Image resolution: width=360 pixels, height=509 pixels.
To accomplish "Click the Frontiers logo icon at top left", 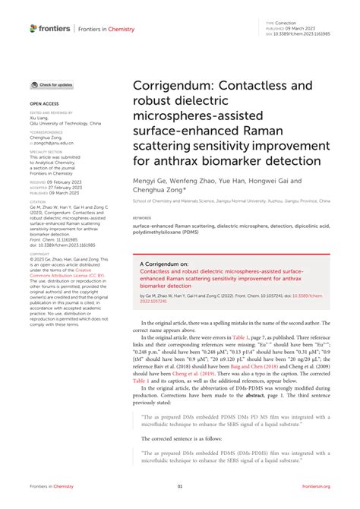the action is pos(33,29).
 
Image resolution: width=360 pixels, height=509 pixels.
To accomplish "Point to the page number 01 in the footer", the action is pos(180,487).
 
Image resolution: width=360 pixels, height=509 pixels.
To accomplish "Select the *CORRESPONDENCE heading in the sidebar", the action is pos(46,132).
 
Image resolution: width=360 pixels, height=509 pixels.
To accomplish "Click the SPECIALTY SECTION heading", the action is pos(46,152).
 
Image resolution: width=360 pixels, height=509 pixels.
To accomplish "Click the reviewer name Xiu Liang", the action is pos(39,118).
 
